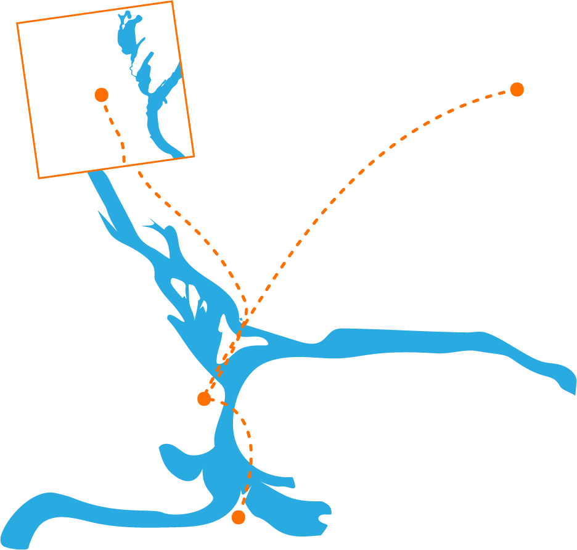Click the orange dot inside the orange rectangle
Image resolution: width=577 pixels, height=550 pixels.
[102, 94]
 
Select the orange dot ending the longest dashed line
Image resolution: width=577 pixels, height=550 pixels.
[517, 89]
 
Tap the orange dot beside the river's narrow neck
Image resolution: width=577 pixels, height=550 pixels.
[204, 399]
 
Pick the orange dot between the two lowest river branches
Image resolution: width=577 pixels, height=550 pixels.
[239, 517]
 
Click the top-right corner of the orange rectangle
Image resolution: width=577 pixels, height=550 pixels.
[172, 1]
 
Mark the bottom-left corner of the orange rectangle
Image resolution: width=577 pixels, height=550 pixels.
[39, 179]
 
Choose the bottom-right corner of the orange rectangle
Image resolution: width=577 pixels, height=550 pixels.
[194, 156]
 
